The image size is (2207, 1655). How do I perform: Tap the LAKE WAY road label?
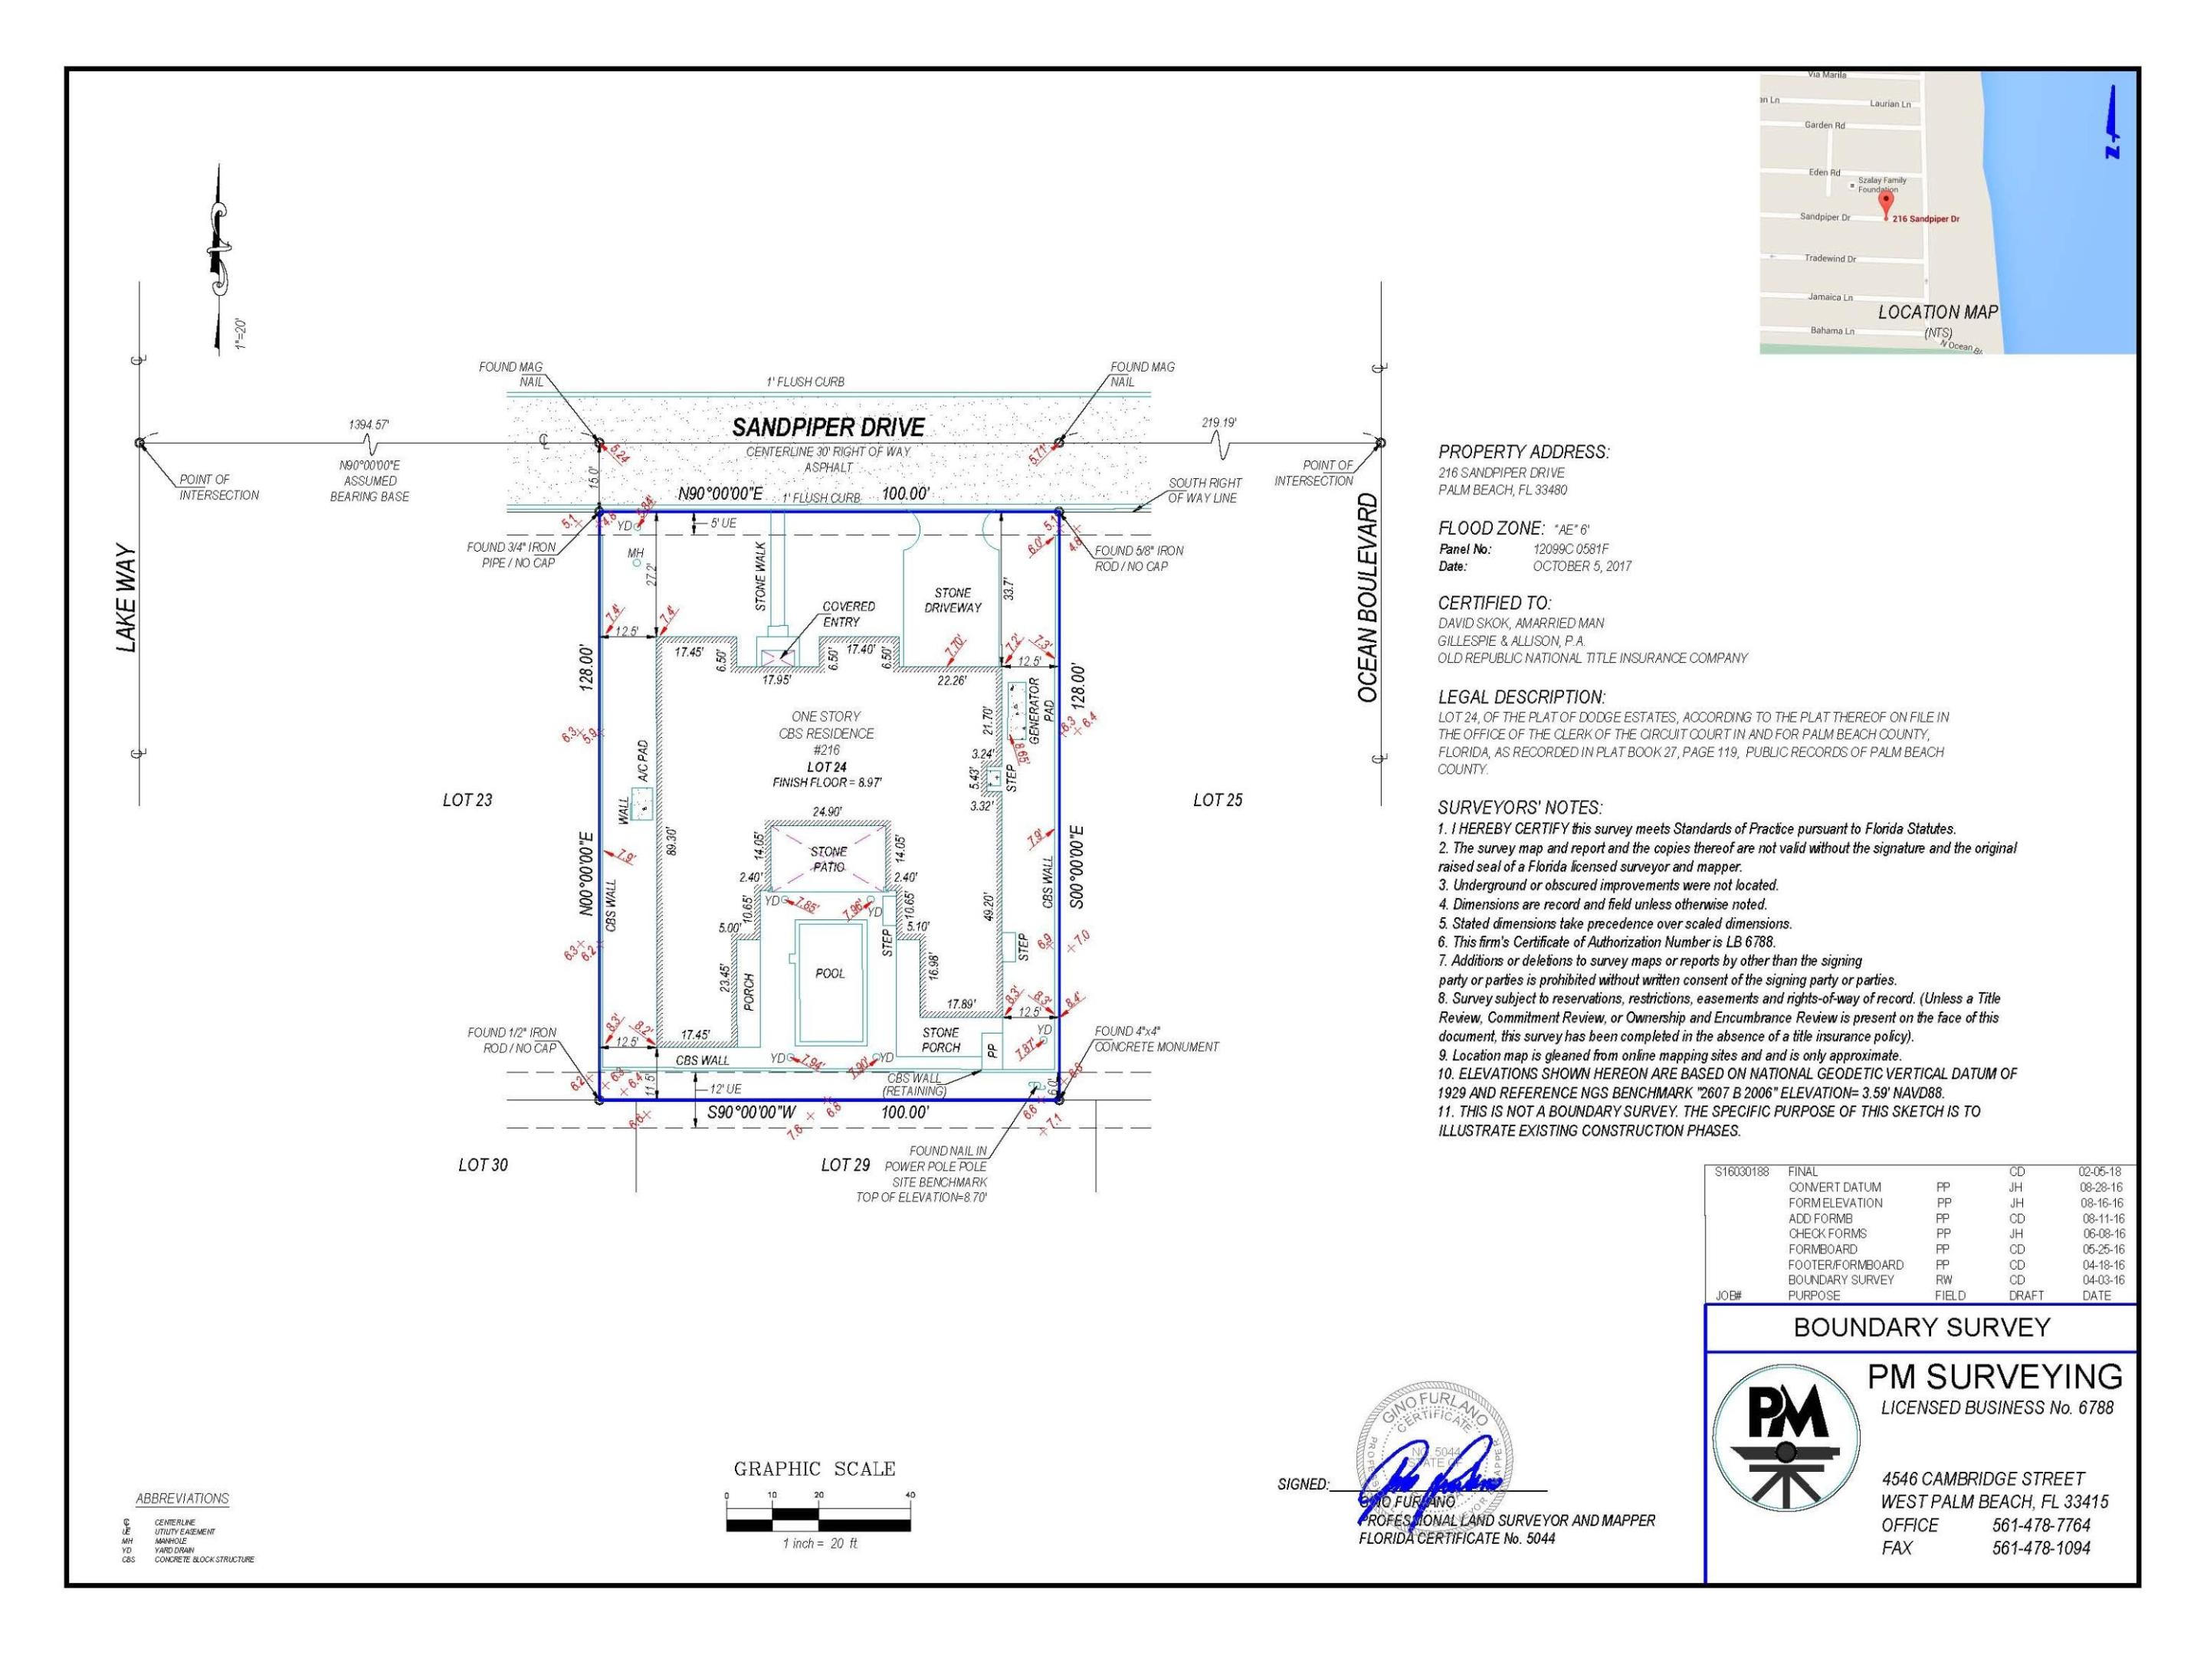126,598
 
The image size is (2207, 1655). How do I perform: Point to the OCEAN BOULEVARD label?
1368,598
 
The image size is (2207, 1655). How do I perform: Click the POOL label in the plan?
829,974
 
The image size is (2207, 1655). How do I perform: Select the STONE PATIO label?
828,859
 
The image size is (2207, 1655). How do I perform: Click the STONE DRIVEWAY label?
952,599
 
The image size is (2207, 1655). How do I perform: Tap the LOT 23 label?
467,800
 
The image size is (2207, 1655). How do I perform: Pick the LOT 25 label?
1217,800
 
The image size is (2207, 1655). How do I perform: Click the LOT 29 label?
845,1165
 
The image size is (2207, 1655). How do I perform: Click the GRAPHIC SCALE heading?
814,1469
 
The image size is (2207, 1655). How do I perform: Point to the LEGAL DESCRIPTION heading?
1520,697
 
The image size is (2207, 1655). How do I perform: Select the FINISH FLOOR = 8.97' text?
826,783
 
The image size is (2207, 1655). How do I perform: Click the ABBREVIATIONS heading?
182,1499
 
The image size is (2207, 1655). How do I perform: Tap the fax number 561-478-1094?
2041,1548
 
